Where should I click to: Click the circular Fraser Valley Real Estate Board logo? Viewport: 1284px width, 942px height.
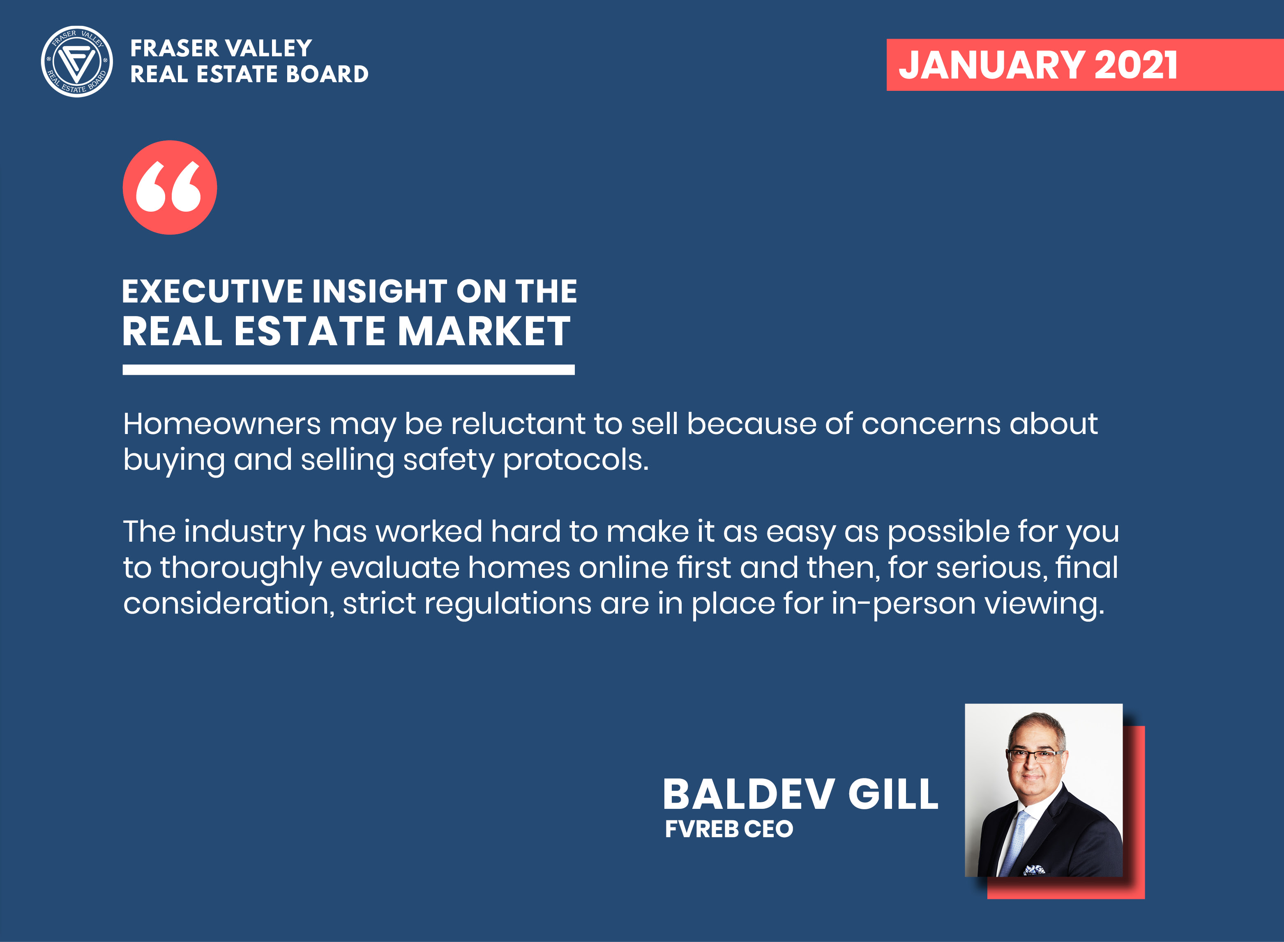point(77,62)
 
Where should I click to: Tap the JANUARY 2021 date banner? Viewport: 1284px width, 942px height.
point(1085,65)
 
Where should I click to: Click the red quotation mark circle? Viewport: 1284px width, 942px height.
point(170,187)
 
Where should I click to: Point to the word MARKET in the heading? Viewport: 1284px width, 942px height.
point(484,331)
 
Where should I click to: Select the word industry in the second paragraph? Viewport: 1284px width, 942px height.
point(244,532)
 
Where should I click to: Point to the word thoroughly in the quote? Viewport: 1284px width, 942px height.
point(241,568)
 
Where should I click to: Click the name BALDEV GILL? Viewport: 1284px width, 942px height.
point(800,794)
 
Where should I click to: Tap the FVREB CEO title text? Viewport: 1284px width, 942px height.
point(729,829)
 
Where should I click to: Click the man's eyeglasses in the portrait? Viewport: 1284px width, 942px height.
point(1034,757)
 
